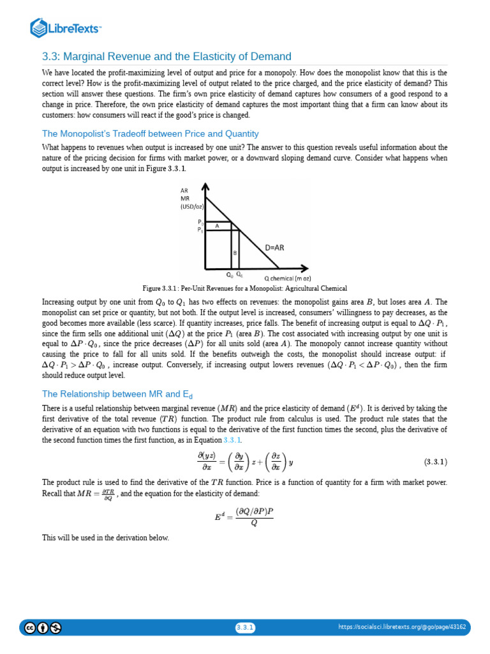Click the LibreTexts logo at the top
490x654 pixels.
tap(66, 28)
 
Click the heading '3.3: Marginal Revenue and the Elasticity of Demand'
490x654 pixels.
tap(167, 57)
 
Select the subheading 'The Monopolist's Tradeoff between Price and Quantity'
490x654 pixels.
tap(150, 133)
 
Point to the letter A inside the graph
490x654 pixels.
tap(217, 225)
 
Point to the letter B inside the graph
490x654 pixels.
tap(235, 252)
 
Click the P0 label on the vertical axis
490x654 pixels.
tap(200, 222)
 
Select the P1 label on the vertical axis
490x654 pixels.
tap(200, 229)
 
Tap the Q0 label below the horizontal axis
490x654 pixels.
tap(229, 274)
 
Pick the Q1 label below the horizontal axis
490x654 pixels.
tap(239, 274)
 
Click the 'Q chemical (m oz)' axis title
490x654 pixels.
tap(288, 278)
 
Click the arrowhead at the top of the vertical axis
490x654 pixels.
tap(205, 187)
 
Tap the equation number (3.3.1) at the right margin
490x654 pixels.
tap(436, 461)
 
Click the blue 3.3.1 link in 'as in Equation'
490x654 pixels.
tap(232, 441)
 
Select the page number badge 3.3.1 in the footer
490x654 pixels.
tap(245, 627)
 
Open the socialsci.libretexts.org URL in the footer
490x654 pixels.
tap(402, 627)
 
